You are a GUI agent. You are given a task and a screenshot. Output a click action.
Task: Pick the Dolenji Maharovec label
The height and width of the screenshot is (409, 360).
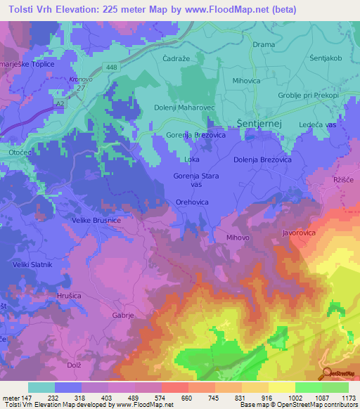tap(184, 108)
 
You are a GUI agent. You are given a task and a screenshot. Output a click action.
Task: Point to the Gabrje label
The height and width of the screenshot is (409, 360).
tap(123, 316)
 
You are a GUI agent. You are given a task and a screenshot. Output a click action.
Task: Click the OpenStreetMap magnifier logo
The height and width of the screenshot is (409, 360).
tap(327, 372)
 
